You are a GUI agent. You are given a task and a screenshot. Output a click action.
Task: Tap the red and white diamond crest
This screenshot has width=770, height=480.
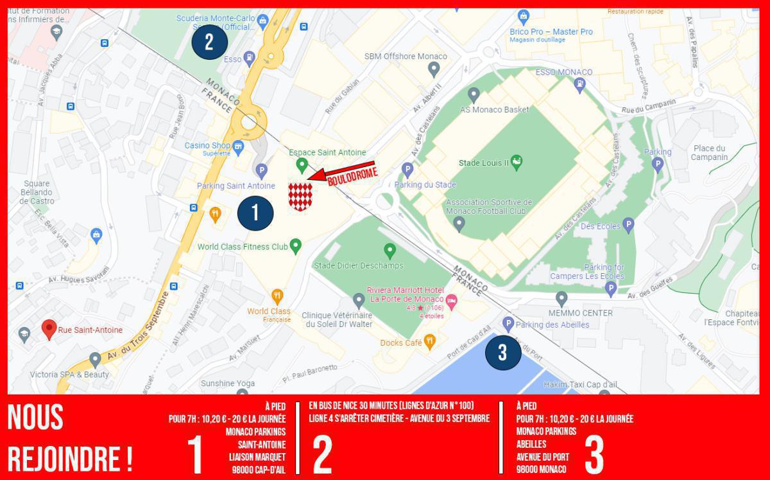300,195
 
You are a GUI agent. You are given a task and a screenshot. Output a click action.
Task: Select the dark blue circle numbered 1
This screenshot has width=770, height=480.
255,213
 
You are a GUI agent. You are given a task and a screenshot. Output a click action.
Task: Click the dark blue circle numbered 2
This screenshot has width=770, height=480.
209,42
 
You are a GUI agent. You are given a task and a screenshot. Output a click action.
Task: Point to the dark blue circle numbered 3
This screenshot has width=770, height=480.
502,352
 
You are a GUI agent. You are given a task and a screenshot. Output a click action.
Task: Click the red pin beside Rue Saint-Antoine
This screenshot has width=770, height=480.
49,329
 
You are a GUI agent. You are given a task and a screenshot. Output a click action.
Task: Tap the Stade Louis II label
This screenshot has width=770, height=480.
484,163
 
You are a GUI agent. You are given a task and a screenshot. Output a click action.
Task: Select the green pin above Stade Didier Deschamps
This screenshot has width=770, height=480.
389,249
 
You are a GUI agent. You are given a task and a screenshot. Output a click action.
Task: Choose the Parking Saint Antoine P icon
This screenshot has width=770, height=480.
261,171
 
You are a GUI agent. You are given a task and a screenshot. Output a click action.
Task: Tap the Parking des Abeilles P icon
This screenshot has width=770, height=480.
508,324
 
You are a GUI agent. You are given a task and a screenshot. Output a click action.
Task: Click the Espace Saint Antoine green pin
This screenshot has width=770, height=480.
302,165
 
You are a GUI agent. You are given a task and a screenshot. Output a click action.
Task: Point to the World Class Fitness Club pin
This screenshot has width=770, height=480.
296,245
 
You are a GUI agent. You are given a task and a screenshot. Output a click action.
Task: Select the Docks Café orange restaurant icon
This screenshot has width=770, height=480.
429,341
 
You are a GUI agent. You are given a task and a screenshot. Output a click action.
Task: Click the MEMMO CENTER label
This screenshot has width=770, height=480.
580,313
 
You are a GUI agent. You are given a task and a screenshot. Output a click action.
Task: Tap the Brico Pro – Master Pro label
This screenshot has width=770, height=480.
551,31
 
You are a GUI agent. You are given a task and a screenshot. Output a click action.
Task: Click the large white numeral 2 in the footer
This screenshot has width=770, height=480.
322,454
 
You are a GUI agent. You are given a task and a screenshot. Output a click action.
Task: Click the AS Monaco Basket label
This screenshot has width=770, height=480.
495,109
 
